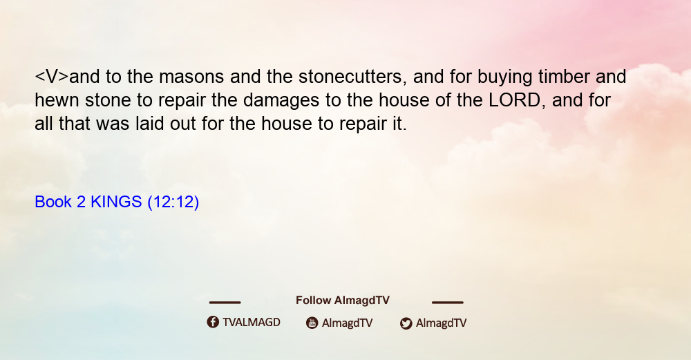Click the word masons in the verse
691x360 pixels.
pos(191,77)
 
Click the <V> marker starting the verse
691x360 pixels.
pos(52,77)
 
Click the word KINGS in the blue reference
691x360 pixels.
pos(116,202)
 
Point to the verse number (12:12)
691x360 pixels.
pos(173,202)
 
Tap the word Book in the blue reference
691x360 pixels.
pos(53,202)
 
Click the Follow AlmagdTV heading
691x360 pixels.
pos(343,301)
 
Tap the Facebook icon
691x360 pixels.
pos(213,322)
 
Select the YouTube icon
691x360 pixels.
pos(312,323)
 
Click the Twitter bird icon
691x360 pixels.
pos(406,323)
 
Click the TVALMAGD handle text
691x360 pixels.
pos(252,323)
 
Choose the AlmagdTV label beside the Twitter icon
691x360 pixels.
pos(441,323)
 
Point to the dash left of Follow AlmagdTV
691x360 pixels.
pos(225,302)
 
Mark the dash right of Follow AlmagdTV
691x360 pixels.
pos(448,302)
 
